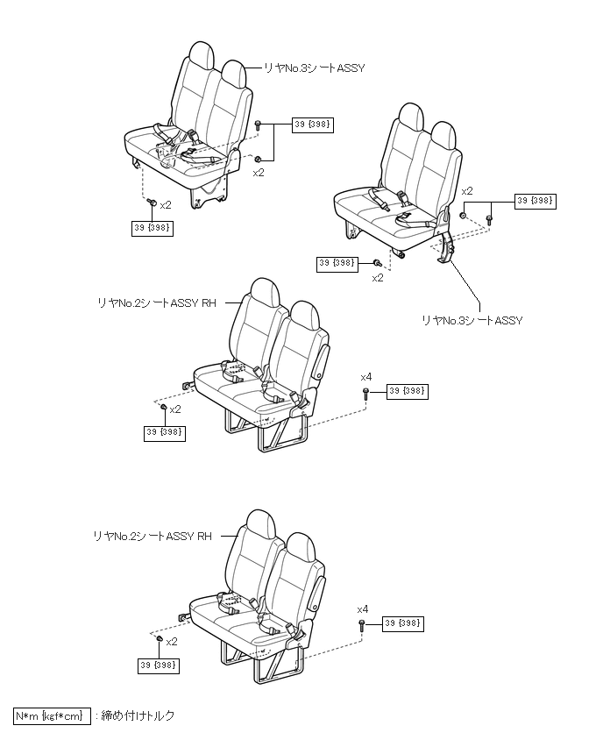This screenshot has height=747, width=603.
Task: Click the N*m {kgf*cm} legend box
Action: tap(52, 716)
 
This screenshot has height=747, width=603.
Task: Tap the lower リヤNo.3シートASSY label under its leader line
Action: tap(472, 321)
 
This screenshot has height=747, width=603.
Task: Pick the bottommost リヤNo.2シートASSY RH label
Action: tap(153, 536)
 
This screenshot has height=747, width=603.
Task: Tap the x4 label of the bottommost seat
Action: tap(363, 608)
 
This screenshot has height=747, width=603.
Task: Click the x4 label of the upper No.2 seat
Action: tap(366, 376)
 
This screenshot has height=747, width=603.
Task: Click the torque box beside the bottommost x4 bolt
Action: tap(403, 623)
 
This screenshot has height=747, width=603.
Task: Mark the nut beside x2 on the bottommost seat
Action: tap(160, 640)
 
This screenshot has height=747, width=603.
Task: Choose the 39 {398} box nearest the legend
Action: tap(159, 666)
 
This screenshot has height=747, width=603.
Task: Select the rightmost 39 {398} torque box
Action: tap(536, 201)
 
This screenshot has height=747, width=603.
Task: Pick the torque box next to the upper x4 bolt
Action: tap(407, 392)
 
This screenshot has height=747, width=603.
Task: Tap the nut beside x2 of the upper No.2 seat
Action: tap(163, 408)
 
